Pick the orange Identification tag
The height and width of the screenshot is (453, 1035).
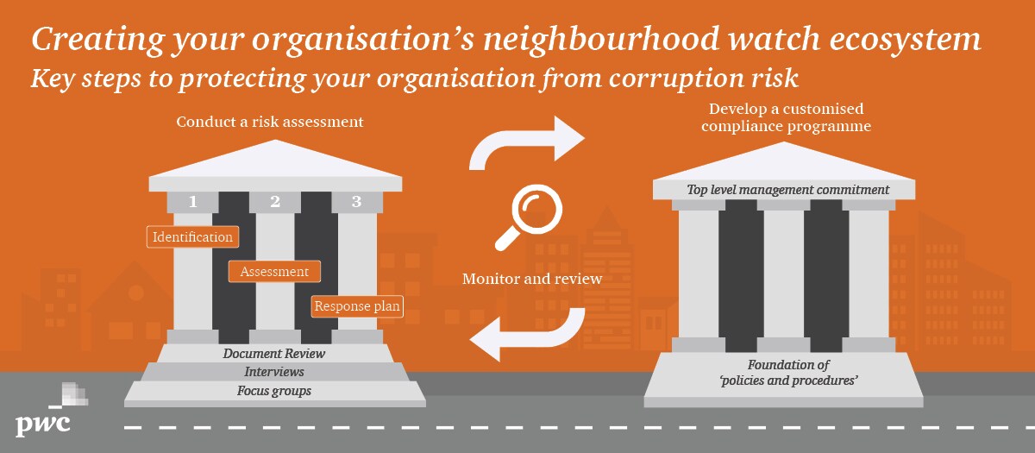click(x=192, y=236)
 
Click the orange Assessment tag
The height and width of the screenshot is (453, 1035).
click(x=274, y=272)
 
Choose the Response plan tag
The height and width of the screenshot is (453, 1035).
click(x=357, y=306)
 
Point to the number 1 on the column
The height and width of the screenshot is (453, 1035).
click(x=192, y=202)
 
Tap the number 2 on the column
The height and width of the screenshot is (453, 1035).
click(x=275, y=202)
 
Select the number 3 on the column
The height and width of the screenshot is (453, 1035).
click(x=357, y=202)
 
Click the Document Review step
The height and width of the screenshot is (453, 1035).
click(x=274, y=353)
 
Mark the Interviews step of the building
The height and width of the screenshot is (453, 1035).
click(x=274, y=372)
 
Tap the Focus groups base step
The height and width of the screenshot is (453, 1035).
click(x=274, y=391)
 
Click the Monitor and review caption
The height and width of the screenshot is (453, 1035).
click(x=531, y=279)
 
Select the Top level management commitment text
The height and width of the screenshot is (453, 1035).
click(x=787, y=189)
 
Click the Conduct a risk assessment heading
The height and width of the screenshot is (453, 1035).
click(x=269, y=122)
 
